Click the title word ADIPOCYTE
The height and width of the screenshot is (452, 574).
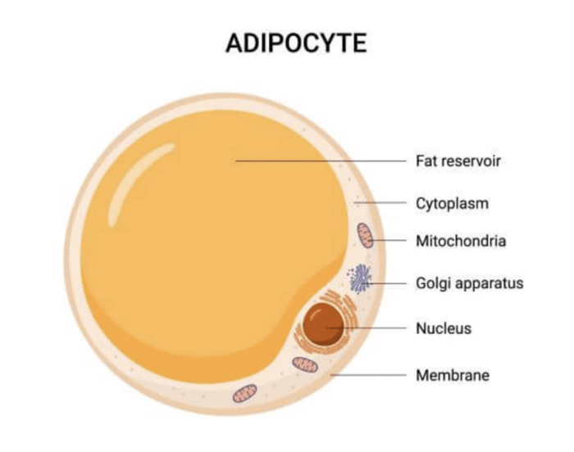(296, 43)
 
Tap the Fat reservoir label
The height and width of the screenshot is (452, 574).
(458, 161)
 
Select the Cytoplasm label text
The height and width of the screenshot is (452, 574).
(452, 204)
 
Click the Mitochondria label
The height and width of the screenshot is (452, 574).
(461, 241)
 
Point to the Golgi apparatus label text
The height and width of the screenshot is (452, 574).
(470, 283)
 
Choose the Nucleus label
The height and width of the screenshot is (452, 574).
(444, 328)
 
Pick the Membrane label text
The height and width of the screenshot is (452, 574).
(453, 375)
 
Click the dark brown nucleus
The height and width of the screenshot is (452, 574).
(323, 323)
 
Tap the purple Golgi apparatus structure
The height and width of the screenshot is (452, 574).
(360, 278)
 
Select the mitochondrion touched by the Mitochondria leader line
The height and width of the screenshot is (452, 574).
(365, 236)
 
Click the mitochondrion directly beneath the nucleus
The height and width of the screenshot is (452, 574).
(305, 364)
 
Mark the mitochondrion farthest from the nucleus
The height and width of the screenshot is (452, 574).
(245, 394)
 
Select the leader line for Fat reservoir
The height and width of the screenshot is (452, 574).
(321, 161)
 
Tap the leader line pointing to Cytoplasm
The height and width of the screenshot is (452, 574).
(380, 202)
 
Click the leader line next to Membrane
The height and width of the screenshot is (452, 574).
(368, 375)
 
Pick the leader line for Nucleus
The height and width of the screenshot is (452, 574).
(366, 328)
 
